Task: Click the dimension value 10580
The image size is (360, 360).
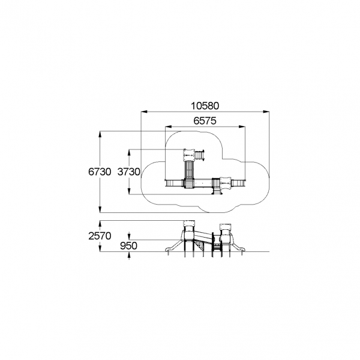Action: point(205,106)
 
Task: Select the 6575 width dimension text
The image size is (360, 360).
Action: point(205,121)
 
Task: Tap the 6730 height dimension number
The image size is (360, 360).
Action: point(100,172)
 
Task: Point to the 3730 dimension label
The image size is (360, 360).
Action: point(128,172)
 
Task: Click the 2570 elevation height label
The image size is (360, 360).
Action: point(100,236)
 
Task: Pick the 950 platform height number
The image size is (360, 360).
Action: point(128,246)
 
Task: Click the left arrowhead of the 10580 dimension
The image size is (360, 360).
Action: point(144,112)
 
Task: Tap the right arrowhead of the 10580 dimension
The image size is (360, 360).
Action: point(266,112)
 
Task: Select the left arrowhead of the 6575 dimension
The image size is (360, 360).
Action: point(169,127)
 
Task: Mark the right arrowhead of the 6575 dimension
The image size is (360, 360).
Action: point(242,127)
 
